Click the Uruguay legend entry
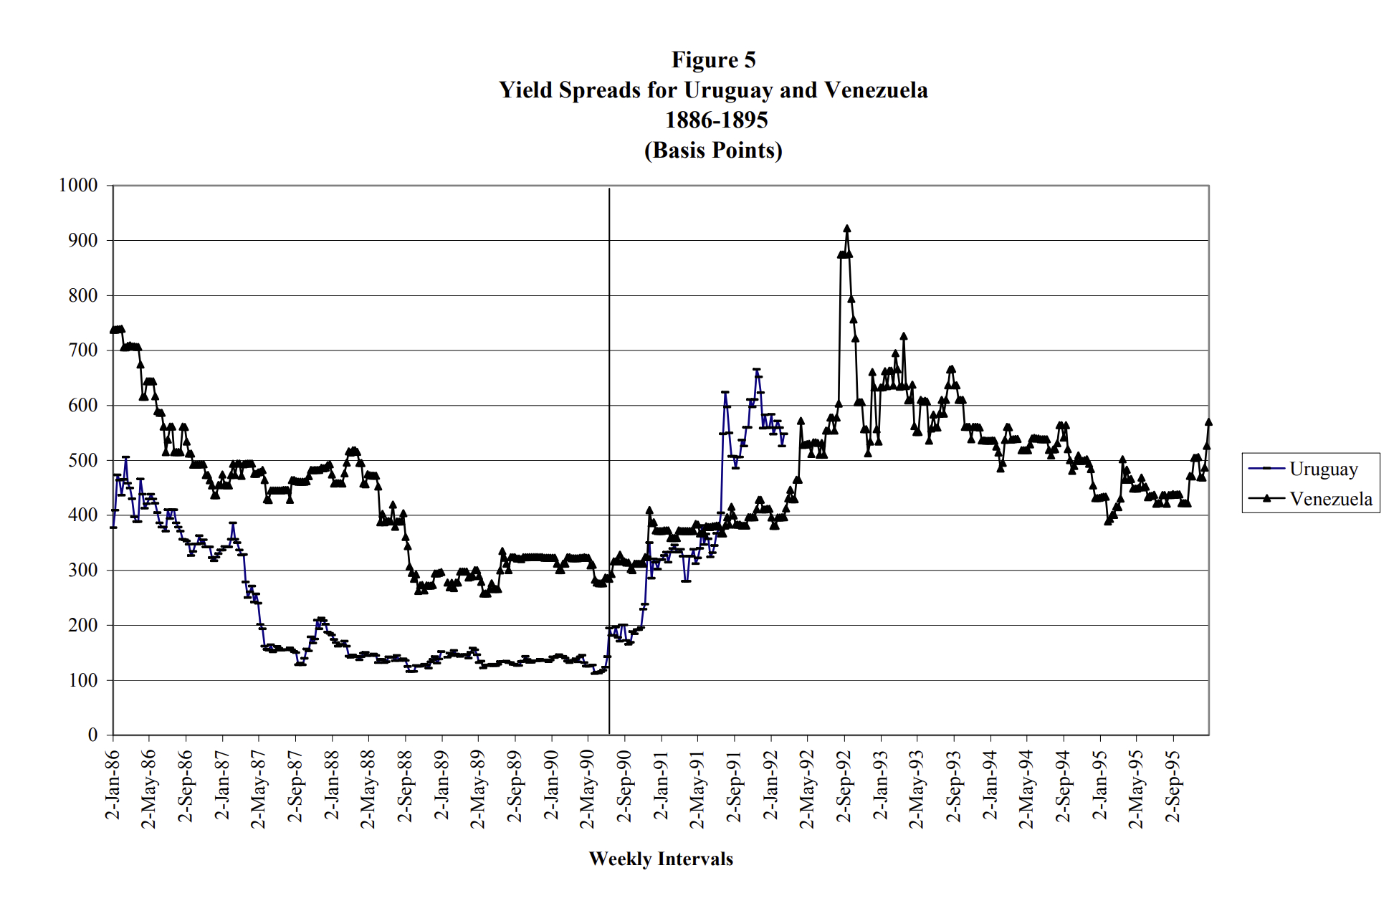pyautogui.click(x=1322, y=469)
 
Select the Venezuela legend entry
pyautogui.click(x=1330, y=499)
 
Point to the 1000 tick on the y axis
pyautogui.click(x=78, y=185)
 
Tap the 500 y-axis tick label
pyautogui.click(x=82, y=460)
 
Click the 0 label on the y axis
pyautogui.click(x=92, y=735)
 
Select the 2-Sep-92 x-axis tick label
pyautogui.click(x=844, y=786)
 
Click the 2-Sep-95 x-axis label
pyautogui.click(x=1173, y=786)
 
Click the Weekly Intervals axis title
pyautogui.click(x=661, y=859)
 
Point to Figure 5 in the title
pyautogui.click(x=713, y=59)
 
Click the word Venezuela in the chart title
pyautogui.click(x=876, y=90)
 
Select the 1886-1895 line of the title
pyautogui.click(x=716, y=120)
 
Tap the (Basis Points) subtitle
pyautogui.click(x=713, y=150)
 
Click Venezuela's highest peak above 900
pyautogui.click(x=847, y=229)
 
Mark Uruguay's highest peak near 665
pyautogui.click(x=757, y=370)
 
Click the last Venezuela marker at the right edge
pyautogui.click(x=1208, y=422)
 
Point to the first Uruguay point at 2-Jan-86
pyautogui.click(x=113, y=527)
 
